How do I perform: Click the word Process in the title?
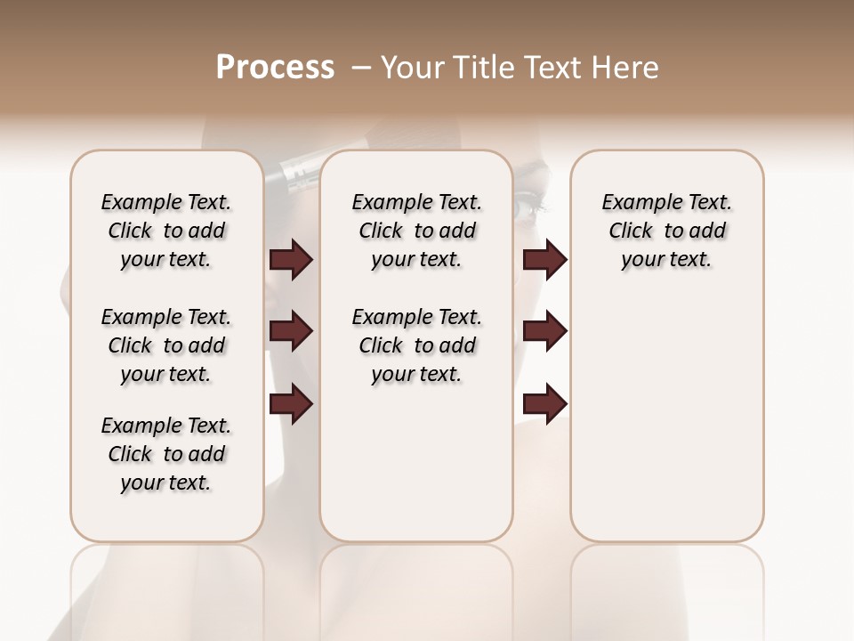(275, 68)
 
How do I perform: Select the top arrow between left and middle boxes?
(291, 260)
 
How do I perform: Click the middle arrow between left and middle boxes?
(291, 331)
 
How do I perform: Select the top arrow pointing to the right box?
(544, 260)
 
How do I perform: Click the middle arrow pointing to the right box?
(544, 331)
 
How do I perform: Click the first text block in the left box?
(166, 231)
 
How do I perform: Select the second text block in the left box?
(166, 345)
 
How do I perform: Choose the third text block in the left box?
(166, 454)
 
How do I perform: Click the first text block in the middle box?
(416, 231)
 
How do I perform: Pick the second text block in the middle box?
(416, 345)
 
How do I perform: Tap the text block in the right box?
(666, 231)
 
